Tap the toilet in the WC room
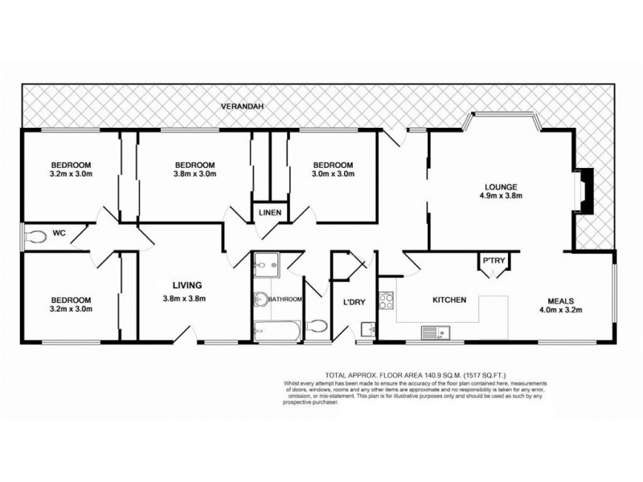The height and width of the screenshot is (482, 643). pos(35,237)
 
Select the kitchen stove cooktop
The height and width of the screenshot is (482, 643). pos(386,303)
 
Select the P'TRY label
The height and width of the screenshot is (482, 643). pos(491,260)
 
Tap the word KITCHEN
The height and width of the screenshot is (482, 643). pos(450,300)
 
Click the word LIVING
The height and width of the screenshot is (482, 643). pos(186,284)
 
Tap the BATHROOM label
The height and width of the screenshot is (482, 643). pos(285,300)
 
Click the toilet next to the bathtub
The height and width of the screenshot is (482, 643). pos(317,325)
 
